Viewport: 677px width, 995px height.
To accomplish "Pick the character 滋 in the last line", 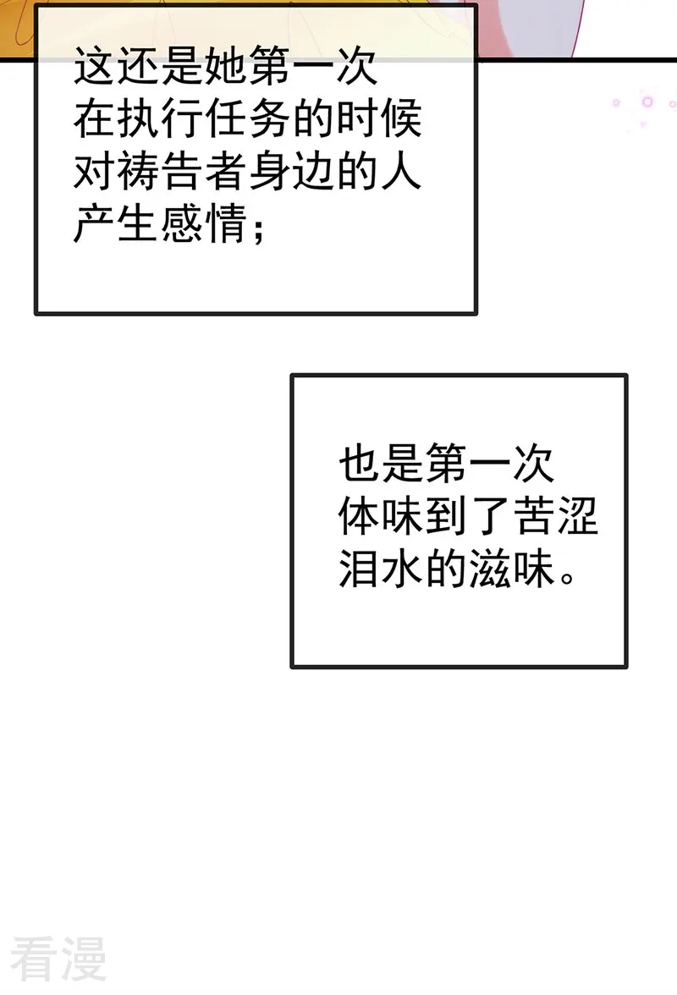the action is (x=491, y=568).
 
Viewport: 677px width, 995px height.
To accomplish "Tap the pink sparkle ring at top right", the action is (x=647, y=102).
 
